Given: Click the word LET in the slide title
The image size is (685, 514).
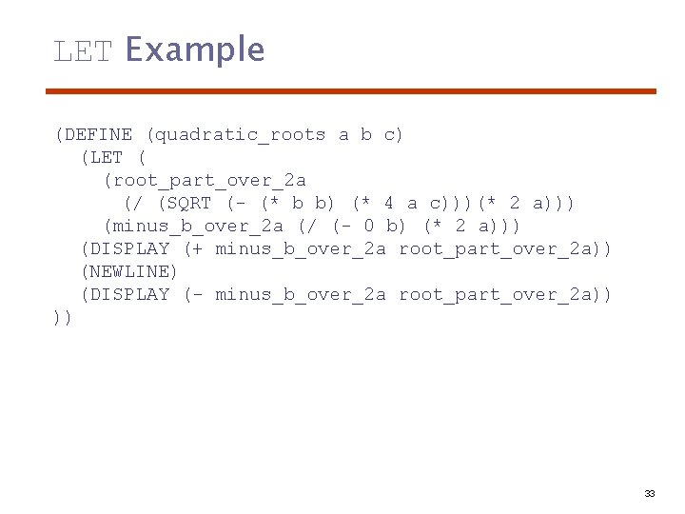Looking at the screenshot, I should coord(84,50).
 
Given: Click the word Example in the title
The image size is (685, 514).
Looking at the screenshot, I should coord(194,49).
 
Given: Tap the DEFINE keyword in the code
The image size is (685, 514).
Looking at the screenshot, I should coord(99,135).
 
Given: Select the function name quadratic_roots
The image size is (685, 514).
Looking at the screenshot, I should coord(240,135).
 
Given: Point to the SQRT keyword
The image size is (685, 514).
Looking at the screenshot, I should coord(186,204).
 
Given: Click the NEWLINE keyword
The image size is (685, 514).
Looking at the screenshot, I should coord(129,272).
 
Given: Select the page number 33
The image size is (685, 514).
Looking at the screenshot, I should coord(650,494).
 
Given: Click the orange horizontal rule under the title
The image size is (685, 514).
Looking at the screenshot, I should coord(352,91).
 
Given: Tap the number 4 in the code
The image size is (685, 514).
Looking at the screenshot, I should coord(388,204).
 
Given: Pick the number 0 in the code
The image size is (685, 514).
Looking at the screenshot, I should coord(368,227).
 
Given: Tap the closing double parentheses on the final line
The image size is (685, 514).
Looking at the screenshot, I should coord(63,318).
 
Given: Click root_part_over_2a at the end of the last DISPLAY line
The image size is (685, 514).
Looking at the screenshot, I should coord(499,295).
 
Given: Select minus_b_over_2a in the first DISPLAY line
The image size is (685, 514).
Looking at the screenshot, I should coord(301,249).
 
